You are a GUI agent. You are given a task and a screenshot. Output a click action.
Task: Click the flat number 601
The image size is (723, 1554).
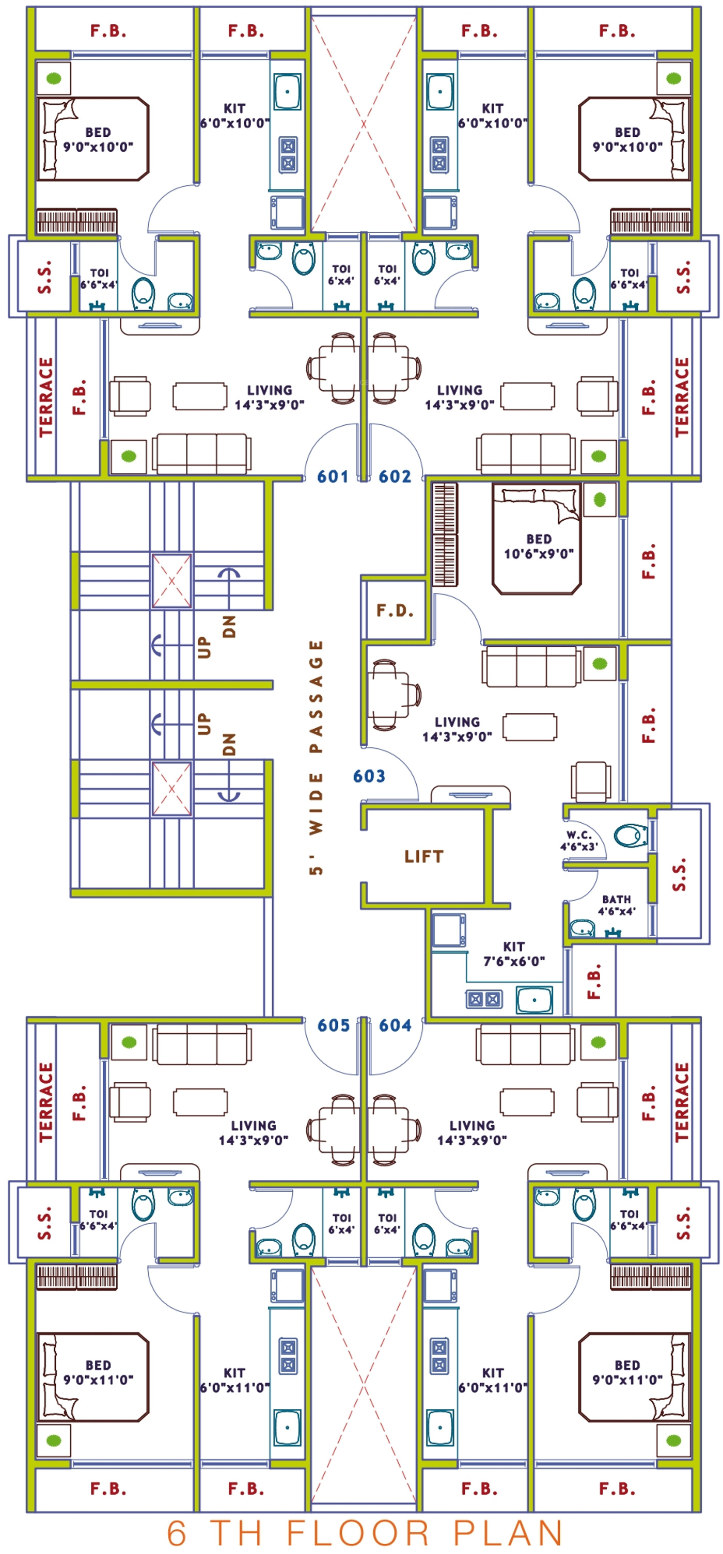pyautogui.click(x=333, y=476)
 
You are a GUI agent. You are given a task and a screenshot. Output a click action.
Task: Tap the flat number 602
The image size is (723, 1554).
pyautogui.click(x=395, y=476)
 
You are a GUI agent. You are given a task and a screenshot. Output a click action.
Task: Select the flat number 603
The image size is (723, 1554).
pyautogui.click(x=369, y=776)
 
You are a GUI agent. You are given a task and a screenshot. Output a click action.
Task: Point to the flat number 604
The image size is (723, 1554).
pyautogui.click(x=395, y=1026)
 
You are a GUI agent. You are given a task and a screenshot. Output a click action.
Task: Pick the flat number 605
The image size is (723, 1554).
pyautogui.click(x=333, y=1026)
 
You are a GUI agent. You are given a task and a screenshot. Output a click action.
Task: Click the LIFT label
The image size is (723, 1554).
pyautogui.click(x=423, y=857)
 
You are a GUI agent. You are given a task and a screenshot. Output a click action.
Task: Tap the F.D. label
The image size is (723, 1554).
pyautogui.click(x=395, y=611)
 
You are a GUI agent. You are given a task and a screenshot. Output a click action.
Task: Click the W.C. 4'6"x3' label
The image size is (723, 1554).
pyautogui.click(x=579, y=841)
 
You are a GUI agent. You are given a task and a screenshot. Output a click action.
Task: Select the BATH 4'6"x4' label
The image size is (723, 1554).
pyautogui.click(x=616, y=905)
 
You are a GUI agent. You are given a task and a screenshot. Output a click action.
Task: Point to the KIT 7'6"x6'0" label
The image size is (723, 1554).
pyautogui.click(x=513, y=954)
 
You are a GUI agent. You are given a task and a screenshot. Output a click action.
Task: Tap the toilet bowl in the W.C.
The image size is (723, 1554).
pyautogui.click(x=631, y=836)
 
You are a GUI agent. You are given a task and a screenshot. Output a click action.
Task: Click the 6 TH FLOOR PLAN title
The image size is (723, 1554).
pyautogui.click(x=365, y=1533)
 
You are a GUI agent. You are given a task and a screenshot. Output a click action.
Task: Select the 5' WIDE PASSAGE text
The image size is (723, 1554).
pyautogui.click(x=316, y=757)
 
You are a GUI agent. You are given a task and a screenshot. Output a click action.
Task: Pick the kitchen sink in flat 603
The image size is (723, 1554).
pyautogui.click(x=534, y=1000)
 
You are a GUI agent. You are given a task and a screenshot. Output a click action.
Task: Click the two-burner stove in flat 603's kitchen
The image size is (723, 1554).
pyautogui.click(x=484, y=1000)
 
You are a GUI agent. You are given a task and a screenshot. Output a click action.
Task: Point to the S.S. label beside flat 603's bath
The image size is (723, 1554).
pyautogui.click(x=679, y=874)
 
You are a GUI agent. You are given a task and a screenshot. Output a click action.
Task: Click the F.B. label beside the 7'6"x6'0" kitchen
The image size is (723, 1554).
pyautogui.click(x=594, y=982)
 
